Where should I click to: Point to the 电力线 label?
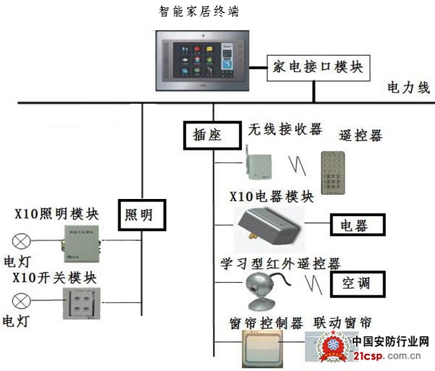coord(408,87)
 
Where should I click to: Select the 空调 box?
coord(357,283)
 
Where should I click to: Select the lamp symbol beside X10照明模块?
coord(22,240)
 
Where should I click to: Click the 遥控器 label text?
coord(360,135)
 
